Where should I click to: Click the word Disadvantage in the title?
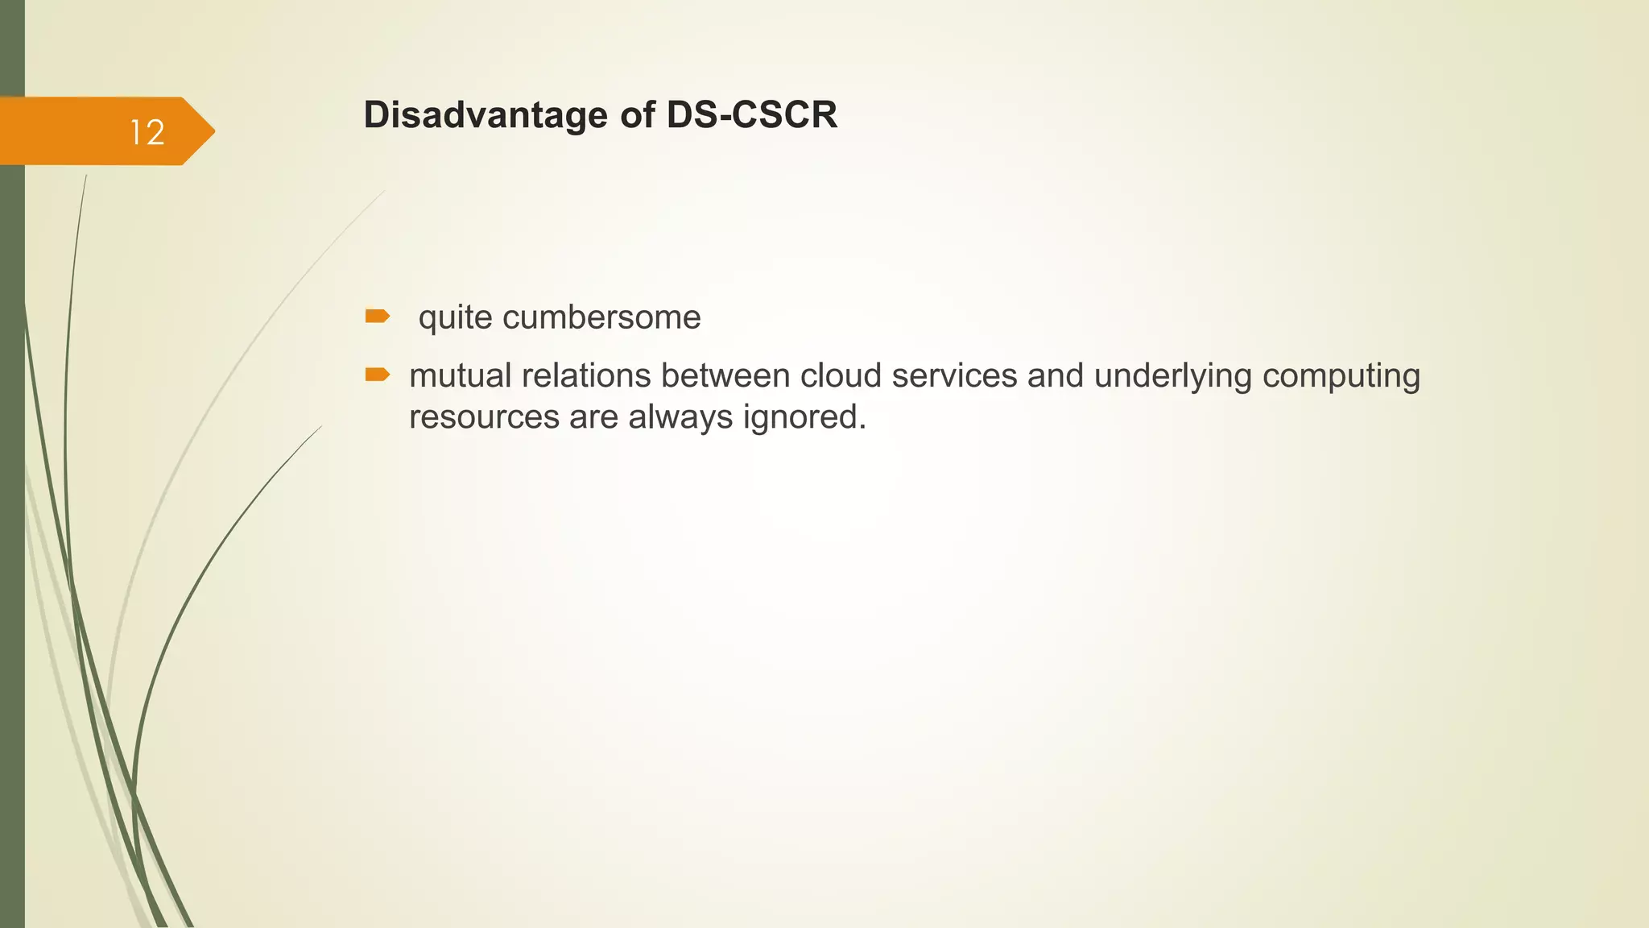click(486, 115)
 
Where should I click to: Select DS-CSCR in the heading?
click(751, 115)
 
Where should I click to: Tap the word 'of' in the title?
click(636, 115)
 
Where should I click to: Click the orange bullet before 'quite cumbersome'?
click(377, 316)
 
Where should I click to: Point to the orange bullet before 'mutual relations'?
click(377, 374)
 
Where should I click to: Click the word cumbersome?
click(601, 317)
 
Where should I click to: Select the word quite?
click(455, 318)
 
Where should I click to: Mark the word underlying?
click(1172, 377)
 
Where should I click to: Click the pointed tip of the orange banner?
click(212, 131)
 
